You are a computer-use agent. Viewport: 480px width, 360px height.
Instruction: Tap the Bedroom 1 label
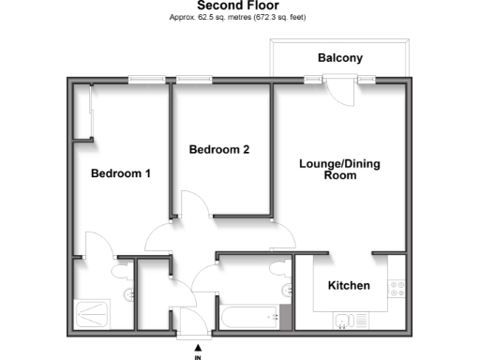tap(120, 173)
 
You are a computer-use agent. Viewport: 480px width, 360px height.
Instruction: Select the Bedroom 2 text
tap(218, 149)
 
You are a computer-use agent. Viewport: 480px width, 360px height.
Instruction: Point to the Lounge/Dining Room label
tap(339, 169)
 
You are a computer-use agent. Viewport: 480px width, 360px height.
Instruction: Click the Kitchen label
tap(348, 285)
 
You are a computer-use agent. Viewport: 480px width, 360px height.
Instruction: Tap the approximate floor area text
tap(237, 18)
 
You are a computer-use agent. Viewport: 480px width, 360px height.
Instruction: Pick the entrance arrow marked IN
tap(197, 352)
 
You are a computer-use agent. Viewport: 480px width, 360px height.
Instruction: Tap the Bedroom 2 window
tap(193, 80)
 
